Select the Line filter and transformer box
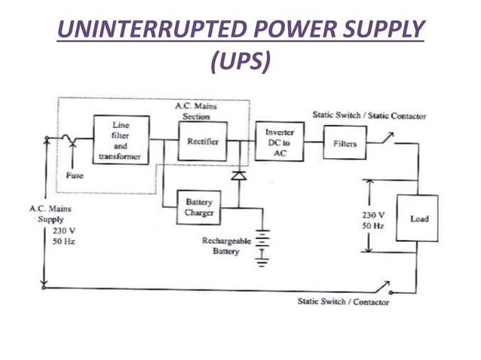121,140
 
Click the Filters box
345,143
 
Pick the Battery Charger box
199,208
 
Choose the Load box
418,218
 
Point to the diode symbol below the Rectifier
239,175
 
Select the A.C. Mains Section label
196,111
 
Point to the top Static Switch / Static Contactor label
369,116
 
